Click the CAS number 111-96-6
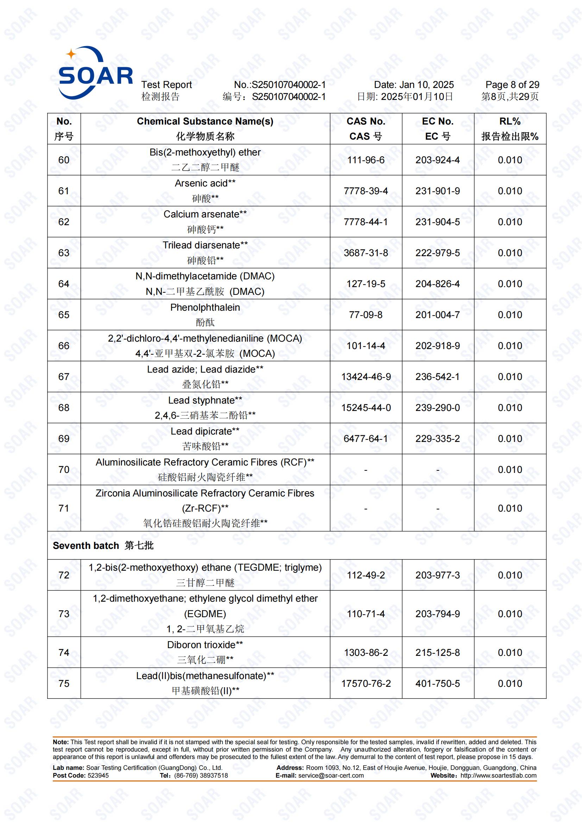click(366, 160)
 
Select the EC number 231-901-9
click(438, 191)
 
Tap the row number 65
click(64, 315)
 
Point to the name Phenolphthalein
click(205, 308)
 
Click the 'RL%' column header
click(510, 121)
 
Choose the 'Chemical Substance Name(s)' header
click(205, 121)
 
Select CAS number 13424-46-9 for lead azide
click(366, 377)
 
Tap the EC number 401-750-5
click(438, 684)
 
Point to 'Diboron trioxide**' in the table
click(205, 645)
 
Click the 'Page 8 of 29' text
click(512, 84)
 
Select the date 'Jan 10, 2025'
click(426, 84)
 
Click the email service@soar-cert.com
click(331, 775)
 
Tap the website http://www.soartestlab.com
click(499, 775)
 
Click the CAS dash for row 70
click(366, 470)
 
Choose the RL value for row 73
click(510, 614)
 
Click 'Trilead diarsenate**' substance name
click(205, 245)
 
